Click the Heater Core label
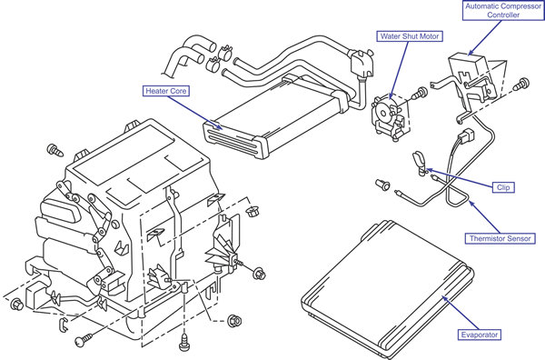[166, 91]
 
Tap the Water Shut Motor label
[410, 36]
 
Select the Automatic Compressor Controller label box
[503, 10]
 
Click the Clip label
[503, 187]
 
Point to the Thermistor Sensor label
[500, 238]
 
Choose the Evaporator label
[480, 335]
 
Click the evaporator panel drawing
[388, 290]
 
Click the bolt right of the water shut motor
[420, 93]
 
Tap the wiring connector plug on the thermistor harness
[466, 135]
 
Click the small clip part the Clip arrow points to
[420, 163]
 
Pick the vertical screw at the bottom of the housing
[183, 342]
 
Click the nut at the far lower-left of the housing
[16, 305]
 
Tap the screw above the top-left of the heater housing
[55, 150]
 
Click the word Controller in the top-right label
[503, 15]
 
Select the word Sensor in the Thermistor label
[518, 238]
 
